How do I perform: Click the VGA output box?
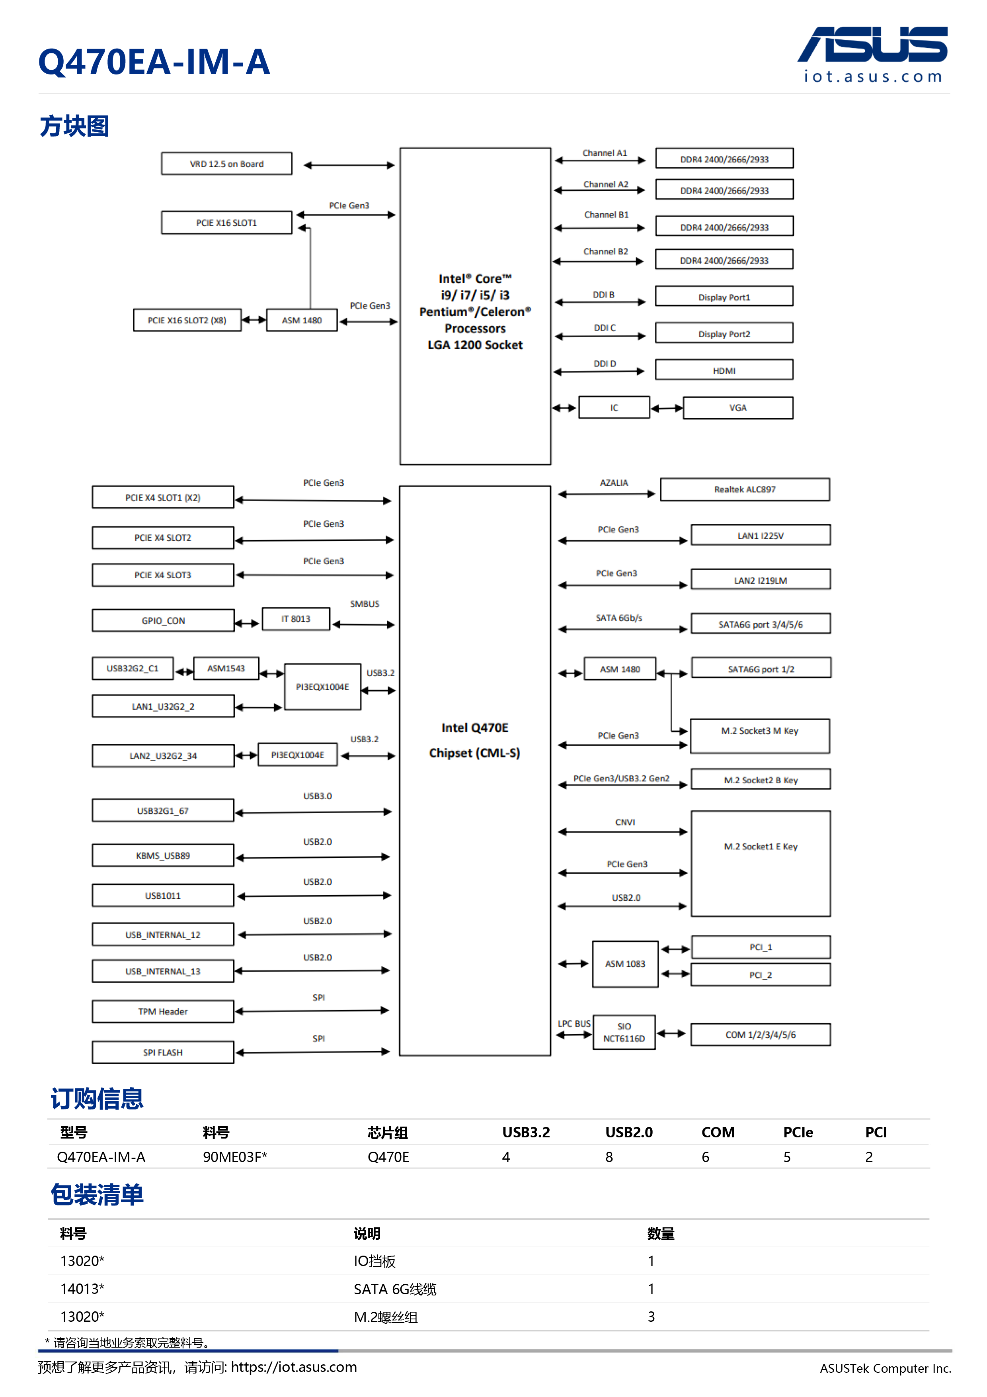point(738,408)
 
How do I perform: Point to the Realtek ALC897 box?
point(744,489)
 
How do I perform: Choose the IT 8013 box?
point(296,619)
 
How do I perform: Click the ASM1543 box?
point(226,668)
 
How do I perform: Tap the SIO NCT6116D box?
point(624,1032)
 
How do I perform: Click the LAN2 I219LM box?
point(760,580)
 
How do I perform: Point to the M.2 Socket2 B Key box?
point(760,779)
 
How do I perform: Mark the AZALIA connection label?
point(614,483)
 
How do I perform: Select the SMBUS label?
point(364,604)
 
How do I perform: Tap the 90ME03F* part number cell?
point(235,1156)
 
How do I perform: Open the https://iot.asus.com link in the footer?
point(294,1367)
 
